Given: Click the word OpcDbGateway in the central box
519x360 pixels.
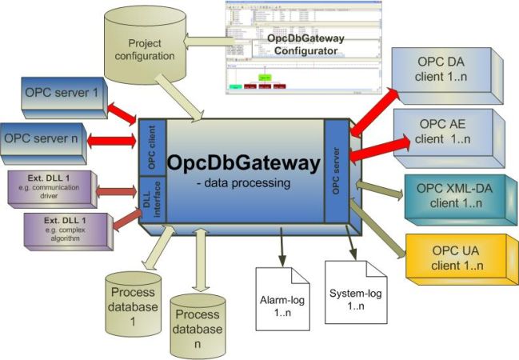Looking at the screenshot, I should [243, 164].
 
